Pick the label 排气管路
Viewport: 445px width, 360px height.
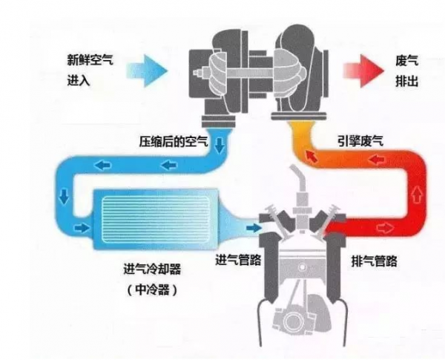[373, 261]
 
